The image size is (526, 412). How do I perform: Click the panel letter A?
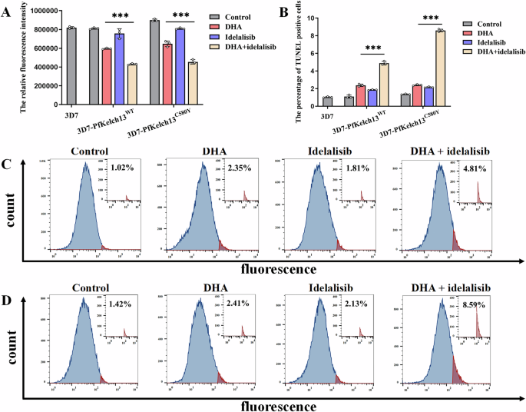8,11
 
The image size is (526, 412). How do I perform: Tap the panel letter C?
8,164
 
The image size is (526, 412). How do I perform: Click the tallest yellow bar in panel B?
438,69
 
